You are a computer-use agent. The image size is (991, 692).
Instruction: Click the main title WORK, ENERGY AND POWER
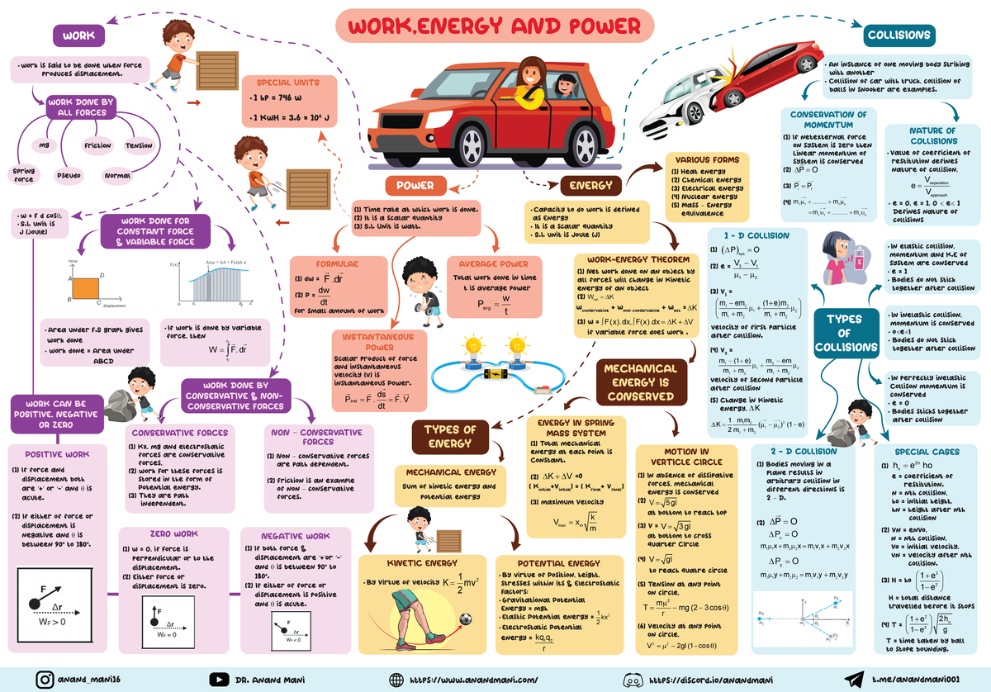tap(495, 27)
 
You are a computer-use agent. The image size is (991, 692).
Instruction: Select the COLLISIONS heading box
tap(899, 35)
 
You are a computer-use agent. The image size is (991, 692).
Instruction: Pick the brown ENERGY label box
tap(590, 185)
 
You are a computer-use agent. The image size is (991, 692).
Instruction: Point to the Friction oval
tap(97, 146)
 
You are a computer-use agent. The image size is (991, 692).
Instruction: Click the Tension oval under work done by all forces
tap(139, 146)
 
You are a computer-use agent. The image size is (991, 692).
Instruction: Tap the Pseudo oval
tap(68, 175)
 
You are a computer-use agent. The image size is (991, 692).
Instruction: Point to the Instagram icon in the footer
tap(46, 679)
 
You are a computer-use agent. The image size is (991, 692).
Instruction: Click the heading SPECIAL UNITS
tap(288, 83)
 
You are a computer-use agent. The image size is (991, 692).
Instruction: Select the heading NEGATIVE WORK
tap(295, 536)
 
